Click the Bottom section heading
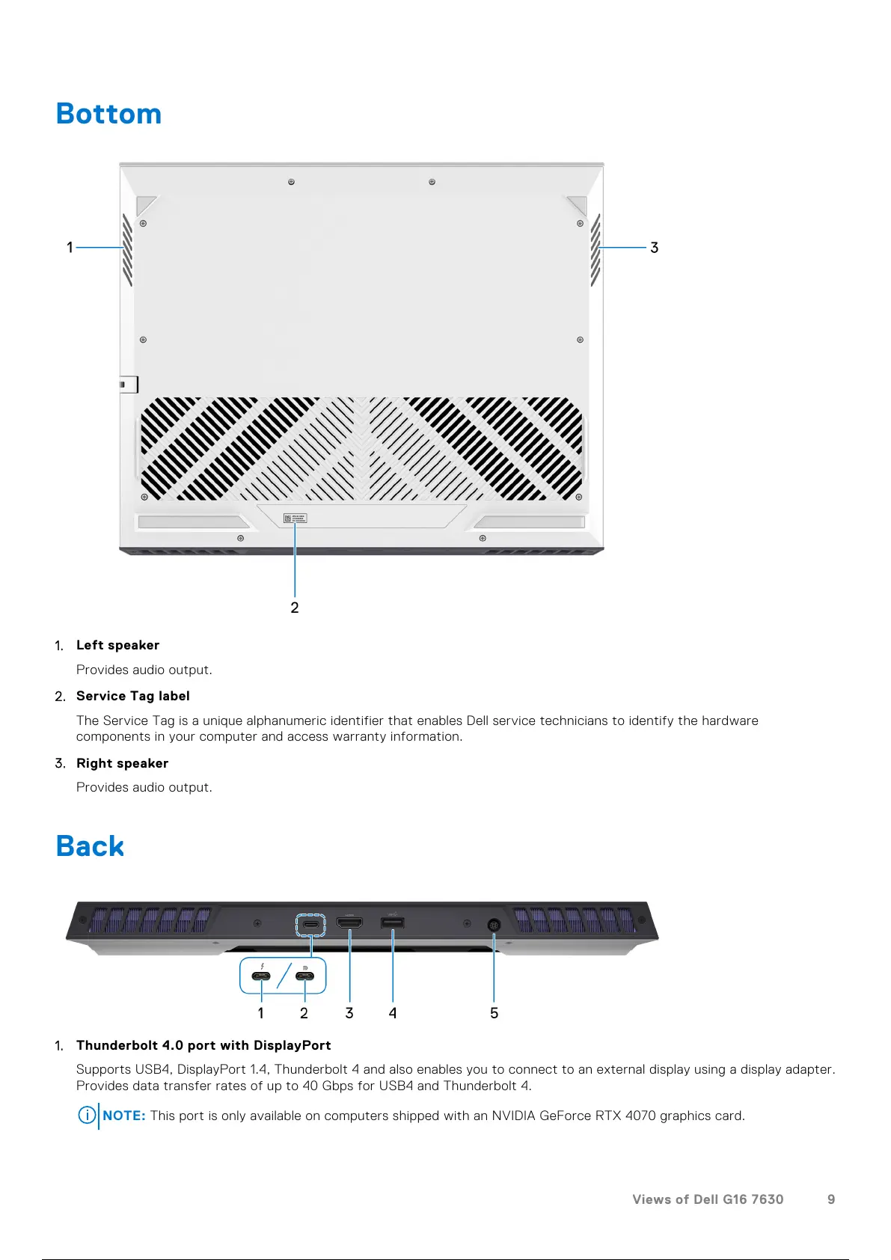point(108,114)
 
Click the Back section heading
point(90,846)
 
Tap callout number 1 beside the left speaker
point(70,248)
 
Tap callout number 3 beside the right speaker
point(654,248)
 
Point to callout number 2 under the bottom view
point(295,608)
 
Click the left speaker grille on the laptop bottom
point(127,250)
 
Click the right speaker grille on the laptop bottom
point(595,250)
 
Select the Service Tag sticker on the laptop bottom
point(295,518)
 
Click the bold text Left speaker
point(117,645)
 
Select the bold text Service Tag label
point(133,696)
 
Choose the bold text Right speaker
point(122,763)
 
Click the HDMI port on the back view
point(349,923)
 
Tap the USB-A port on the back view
point(393,923)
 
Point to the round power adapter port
point(494,925)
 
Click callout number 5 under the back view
point(494,1013)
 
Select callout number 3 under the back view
point(349,1013)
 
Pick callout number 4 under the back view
point(393,1013)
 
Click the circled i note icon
point(87,1116)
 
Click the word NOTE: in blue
point(124,1116)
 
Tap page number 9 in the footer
point(830,1199)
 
